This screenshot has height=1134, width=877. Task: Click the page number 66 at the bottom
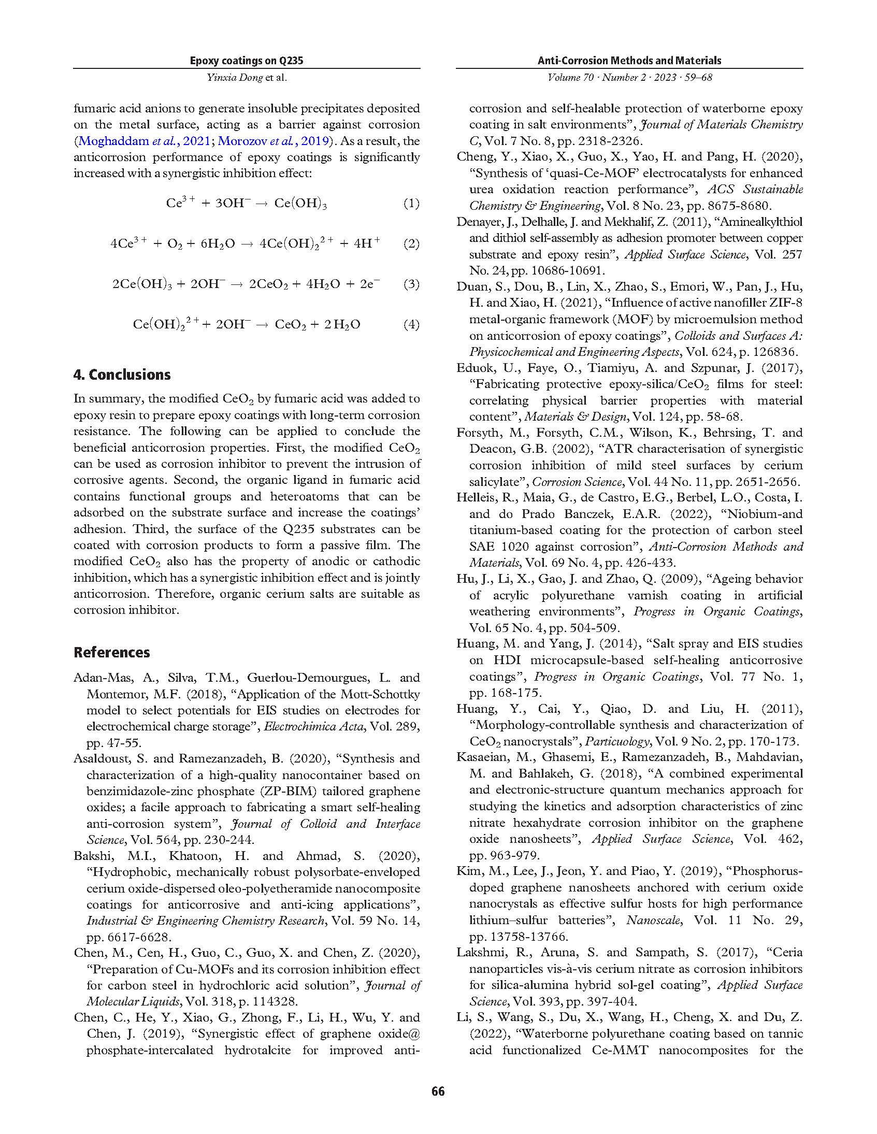click(x=438, y=1091)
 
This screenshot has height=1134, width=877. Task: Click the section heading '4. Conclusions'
click(x=122, y=375)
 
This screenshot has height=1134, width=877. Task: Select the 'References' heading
click(x=112, y=652)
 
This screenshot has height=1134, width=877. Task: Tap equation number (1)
click(x=411, y=203)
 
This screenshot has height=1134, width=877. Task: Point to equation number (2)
click(x=411, y=243)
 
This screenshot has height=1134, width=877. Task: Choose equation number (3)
click(x=411, y=284)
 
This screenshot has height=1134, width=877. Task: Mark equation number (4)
click(x=411, y=324)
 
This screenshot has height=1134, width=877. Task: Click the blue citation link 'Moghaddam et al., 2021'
click(x=144, y=141)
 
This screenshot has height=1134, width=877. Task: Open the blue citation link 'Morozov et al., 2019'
click(x=273, y=141)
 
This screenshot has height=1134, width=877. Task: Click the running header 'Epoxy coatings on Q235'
click(x=246, y=61)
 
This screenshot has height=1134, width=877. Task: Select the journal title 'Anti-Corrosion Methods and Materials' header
click(x=629, y=61)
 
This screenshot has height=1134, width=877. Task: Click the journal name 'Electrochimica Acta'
click(x=313, y=726)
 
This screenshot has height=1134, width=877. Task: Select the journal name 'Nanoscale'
click(x=653, y=920)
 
